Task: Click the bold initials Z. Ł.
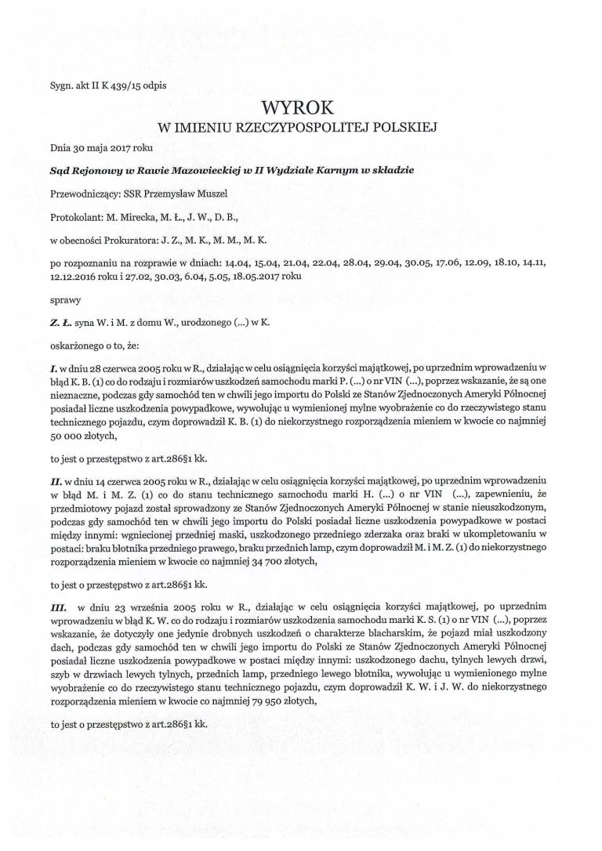point(59,320)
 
